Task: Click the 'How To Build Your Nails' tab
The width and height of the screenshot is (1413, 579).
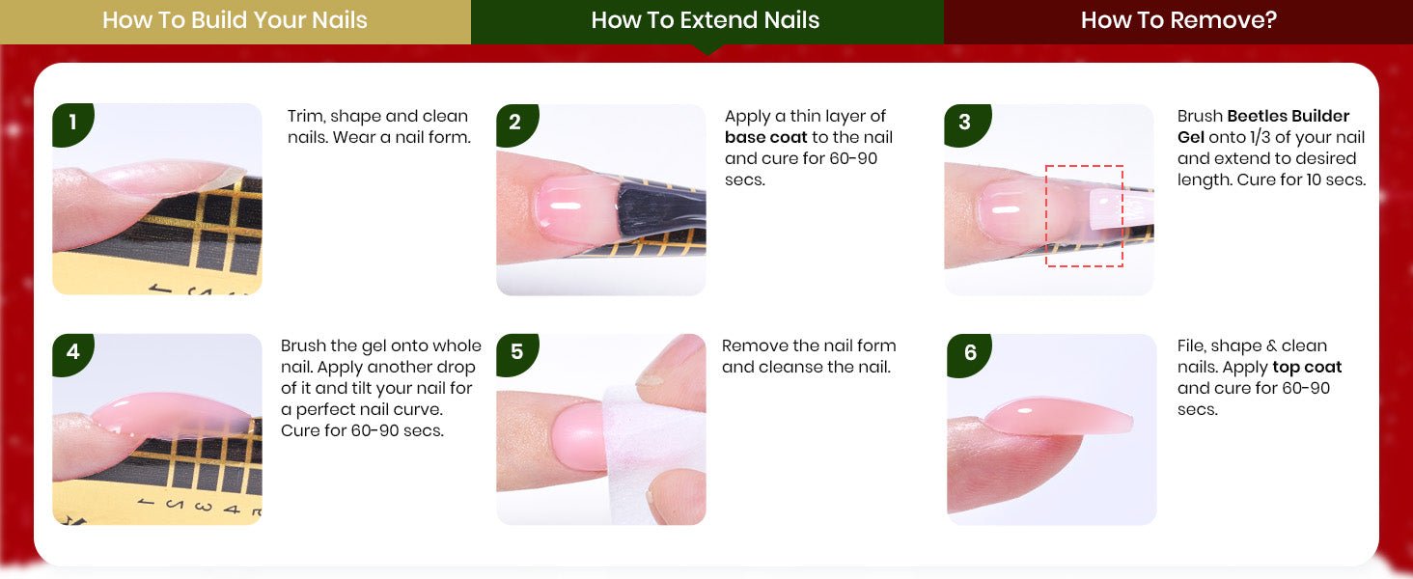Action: click(235, 21)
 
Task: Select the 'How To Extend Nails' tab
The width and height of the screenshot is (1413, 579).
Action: click(706, 21)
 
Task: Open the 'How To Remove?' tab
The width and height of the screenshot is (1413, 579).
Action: click(1178, 21)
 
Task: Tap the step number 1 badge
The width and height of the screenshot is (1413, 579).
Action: click(72, 123)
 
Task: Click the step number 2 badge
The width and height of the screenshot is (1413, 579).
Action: click(516, 123)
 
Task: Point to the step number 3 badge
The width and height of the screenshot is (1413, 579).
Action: click(966, 123)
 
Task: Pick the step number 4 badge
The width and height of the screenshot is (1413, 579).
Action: click(72, 353)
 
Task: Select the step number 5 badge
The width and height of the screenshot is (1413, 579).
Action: click(516, 353)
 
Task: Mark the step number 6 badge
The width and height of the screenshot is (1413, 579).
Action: click(969, 353)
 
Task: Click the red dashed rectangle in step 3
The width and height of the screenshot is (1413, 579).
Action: click(1046, 216)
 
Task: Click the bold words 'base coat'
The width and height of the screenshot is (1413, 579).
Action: click(765, 137)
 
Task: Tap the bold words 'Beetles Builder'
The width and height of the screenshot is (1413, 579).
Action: click(1288, 116)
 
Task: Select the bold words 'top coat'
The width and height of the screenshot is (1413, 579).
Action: click(1307, 368)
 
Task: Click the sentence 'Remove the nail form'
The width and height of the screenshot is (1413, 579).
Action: click(809, 345)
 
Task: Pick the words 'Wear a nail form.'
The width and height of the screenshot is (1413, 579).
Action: click(402, 137)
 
